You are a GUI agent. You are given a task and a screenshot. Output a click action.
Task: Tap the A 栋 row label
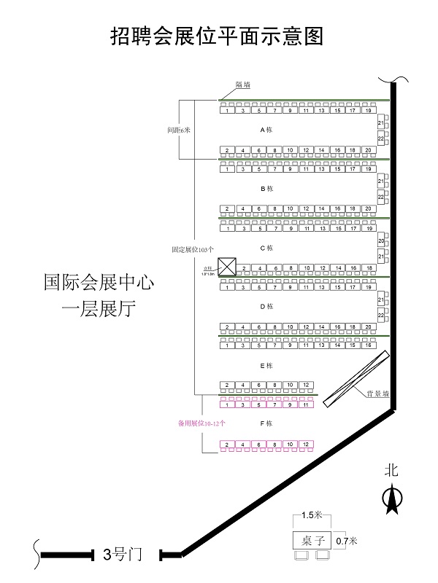266,130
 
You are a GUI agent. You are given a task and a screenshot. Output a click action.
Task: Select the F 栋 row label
266,423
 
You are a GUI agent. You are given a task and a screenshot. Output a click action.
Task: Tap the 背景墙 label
377,394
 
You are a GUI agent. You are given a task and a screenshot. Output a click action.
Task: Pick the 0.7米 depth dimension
347,541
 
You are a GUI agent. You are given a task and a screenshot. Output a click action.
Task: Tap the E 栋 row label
266,365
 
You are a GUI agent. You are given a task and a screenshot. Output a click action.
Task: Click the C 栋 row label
266,248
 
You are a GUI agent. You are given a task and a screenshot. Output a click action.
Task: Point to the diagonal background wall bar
356,377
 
